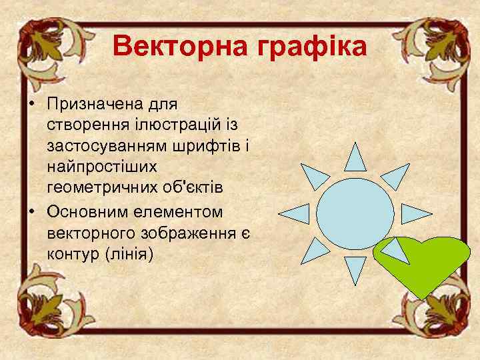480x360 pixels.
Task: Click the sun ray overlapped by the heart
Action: [x=395, y=250]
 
